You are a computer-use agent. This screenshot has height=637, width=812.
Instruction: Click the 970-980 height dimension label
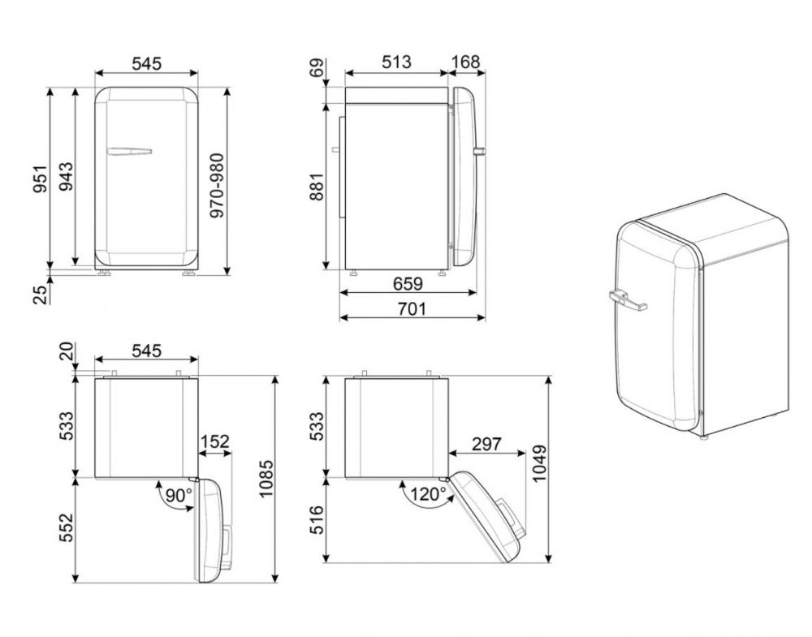click(217, 185)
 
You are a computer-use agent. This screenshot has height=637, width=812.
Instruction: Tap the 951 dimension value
click(40, 179)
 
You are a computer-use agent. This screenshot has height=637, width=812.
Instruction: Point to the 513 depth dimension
click(396, 62)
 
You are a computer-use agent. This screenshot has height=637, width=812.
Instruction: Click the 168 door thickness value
click(465, 62)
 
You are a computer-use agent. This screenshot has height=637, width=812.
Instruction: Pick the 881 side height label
click(316, 187)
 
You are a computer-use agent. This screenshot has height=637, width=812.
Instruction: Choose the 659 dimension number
click(408, 283)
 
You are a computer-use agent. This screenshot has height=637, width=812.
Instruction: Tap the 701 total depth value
click(412, 309)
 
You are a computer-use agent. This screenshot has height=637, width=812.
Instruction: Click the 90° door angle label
click(179, 496)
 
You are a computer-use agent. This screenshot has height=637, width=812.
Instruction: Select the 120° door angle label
click(428, 495)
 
